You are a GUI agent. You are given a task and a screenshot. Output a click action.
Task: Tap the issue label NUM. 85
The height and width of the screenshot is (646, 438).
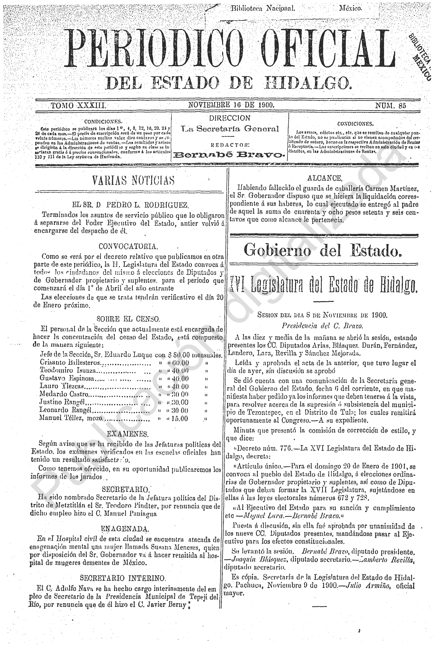click(x=390, y=105)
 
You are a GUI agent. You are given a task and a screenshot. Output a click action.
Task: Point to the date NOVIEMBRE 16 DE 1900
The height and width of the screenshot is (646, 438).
click(x=231, y=105)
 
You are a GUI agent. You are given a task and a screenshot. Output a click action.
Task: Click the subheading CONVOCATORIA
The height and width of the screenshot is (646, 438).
click(x=128, y=246)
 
